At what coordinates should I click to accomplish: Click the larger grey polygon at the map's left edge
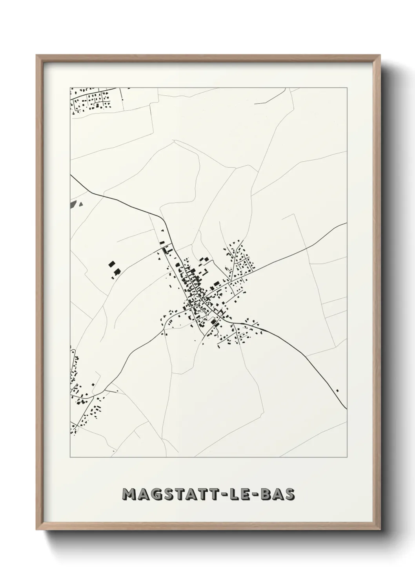(73, 203)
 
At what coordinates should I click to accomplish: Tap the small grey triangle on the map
(81, 204)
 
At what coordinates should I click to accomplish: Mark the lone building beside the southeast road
(337, 390)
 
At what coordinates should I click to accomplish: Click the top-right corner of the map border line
(347, 88)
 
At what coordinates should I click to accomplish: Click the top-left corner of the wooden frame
(36, 55)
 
